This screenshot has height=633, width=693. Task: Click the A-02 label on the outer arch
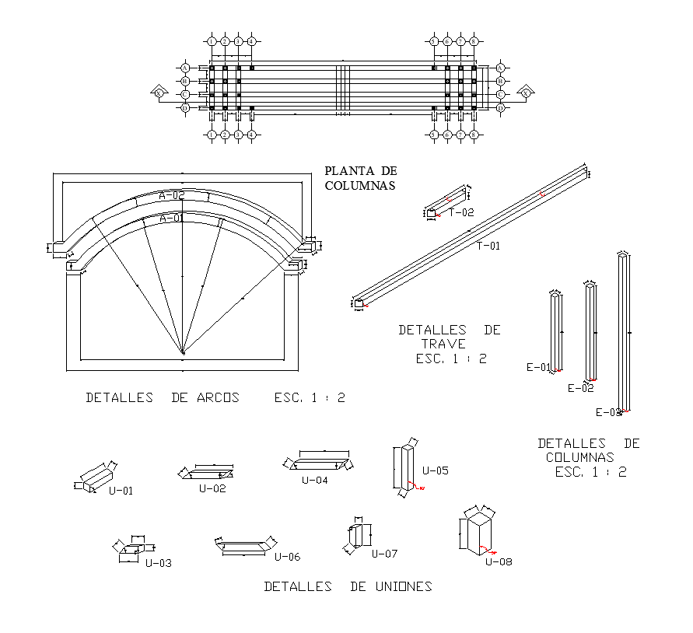(171, 195)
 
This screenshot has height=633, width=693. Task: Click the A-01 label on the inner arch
(172, 219)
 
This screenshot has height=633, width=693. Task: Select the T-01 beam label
(488, 246)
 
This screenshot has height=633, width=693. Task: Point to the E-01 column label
(538, 367)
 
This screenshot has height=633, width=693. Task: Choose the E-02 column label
(580, 387)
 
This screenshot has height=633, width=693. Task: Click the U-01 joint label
(121, 491)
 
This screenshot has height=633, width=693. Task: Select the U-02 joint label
(212, 488)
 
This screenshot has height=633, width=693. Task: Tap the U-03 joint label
(159, 562)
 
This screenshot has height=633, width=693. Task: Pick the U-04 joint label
(315, 480)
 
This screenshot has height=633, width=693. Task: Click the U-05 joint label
(436, 470)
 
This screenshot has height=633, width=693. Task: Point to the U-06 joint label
(287, 557)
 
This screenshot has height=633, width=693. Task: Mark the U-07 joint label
(384, 554)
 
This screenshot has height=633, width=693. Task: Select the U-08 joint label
(499, 561)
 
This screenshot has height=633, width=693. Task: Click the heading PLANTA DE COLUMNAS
(360, 178)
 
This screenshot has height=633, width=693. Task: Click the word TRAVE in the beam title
(443, 344)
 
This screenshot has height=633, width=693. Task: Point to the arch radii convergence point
(183, 353)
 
